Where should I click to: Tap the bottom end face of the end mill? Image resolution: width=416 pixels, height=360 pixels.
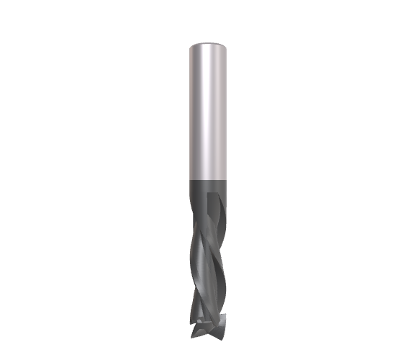(208, 331)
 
